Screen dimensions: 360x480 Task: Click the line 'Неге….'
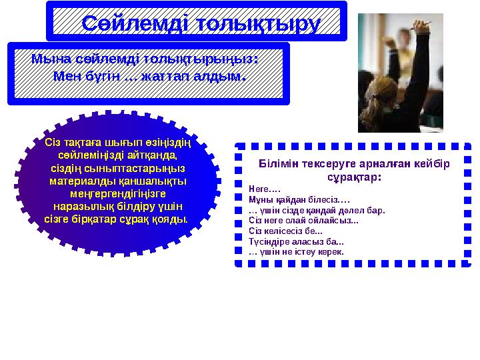[x=261, y=189]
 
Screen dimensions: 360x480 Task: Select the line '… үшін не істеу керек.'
[x=296, y=253]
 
